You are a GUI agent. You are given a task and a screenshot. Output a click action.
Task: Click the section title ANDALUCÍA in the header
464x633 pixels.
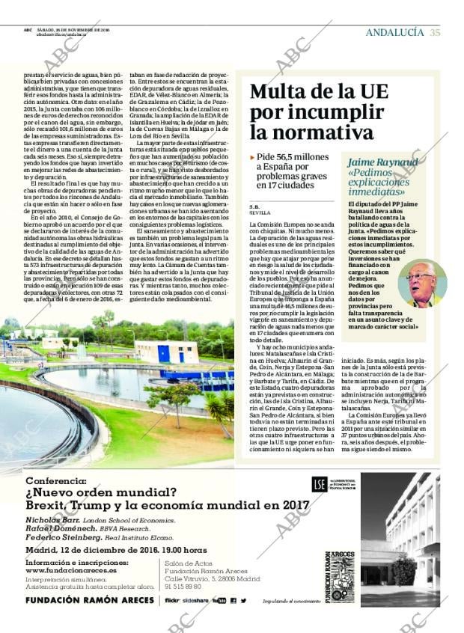(x=394, y=32)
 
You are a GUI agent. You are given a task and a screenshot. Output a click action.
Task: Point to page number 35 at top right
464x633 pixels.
(x=435, y=32)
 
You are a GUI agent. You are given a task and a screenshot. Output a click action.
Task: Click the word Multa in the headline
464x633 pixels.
(x=275, y=93)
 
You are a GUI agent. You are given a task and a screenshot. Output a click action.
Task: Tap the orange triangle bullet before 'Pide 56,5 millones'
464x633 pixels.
(x=252, y=158)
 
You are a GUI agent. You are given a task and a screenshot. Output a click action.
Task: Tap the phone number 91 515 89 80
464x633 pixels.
(x=184, y=586)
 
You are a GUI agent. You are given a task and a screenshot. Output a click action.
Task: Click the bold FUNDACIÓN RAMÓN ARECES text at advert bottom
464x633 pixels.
(x=83, y=600)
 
